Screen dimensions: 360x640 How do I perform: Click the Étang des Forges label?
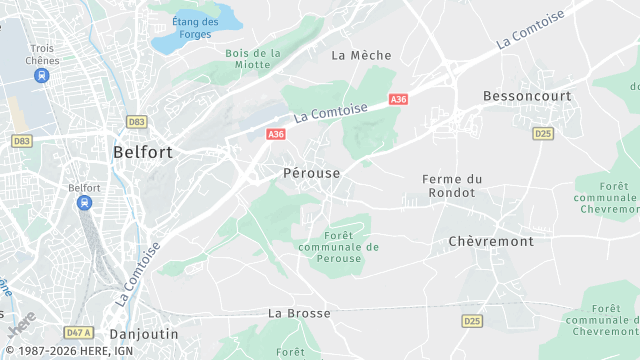pos(194,28)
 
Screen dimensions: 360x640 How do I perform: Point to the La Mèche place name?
pos(361,55)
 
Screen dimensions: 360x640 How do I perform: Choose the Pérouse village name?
pos(305,173)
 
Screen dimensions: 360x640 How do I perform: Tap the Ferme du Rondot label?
pos(452,185)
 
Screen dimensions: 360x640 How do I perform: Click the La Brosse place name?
pos(299,313)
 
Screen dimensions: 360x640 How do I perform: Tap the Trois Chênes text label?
pos(44,54)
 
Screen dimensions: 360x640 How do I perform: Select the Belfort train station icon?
pos(85,203)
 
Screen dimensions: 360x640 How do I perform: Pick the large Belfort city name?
pos(143,152)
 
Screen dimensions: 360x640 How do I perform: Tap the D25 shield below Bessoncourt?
pos(543,133)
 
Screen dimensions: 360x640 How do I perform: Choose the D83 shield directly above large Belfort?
pos(137,122)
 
